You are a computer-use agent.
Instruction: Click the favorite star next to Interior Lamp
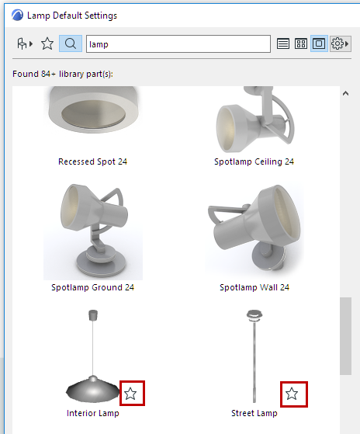click(130, 394)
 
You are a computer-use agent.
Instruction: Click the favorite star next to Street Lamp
click(292, 394)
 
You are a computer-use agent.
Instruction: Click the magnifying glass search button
click(71, 43)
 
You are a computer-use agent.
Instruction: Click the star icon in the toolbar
click(47, 43)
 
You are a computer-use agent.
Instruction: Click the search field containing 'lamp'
click(178, 43)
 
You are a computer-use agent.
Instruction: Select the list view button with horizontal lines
click(283, 43)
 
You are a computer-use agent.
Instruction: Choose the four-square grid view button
click(301, 43)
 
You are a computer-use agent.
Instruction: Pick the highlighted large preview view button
click(319, 43)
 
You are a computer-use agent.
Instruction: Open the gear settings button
click(341, 43)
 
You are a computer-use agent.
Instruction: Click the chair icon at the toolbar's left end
click(25, 43)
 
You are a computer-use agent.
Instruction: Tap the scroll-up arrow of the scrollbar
click(345, 93)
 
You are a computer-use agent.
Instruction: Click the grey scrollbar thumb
click(345, 336)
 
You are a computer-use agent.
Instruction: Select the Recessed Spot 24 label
click(92, 161)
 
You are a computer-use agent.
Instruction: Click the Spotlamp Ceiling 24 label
click(254, 161)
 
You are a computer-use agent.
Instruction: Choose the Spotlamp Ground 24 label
click(92, 287)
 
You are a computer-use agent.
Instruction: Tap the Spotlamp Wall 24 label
click(254, 287)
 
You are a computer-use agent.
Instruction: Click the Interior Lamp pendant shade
click(93, 389)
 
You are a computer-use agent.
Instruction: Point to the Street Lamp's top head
click(254, 315)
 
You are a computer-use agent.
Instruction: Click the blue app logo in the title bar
click(17, 16)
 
